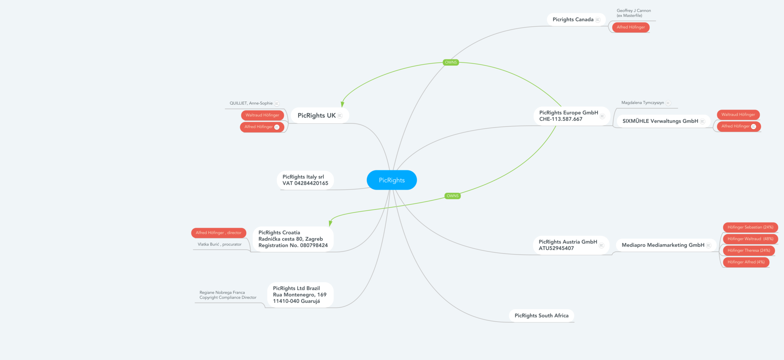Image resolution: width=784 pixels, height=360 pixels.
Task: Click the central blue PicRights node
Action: (x=392, y=180)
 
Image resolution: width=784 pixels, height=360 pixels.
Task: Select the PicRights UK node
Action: (x=317, y=116)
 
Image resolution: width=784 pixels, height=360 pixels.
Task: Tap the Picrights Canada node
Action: (x=573, y=20)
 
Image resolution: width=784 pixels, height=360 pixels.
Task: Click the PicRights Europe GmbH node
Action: (x=568, y=116)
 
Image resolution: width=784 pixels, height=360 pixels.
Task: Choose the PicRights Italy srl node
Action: (x=305, y=180)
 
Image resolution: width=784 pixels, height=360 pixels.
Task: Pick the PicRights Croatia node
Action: (x=293, y=239)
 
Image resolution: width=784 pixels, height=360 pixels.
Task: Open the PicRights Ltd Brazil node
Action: (x=299, y=295)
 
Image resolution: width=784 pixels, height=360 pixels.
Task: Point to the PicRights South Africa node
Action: (x=541, y=316)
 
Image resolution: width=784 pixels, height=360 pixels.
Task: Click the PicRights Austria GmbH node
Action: (x=568, y=245)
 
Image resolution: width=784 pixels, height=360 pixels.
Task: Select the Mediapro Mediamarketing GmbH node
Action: (x=663, y=245)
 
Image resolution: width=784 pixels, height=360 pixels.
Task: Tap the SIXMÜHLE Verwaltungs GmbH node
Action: (x=660, y=121)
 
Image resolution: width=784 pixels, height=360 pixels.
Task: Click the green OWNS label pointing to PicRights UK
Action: (x=451, y=62)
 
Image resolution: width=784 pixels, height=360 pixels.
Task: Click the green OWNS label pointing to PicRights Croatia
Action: (x=452, y=196)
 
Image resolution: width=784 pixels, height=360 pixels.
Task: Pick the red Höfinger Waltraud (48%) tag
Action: (x=750, y=239)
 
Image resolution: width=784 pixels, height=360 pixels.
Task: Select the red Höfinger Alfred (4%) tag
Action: (x=746, y=262)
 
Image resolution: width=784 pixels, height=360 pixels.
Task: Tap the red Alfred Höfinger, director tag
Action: (x=219, y=233)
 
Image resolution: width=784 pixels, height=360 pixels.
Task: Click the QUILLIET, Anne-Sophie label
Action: (x=251, y=103)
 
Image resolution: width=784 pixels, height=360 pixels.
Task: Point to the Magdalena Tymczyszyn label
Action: (x=643, y=103)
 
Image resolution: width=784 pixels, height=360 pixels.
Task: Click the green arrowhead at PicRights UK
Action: (x=343, y=104)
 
